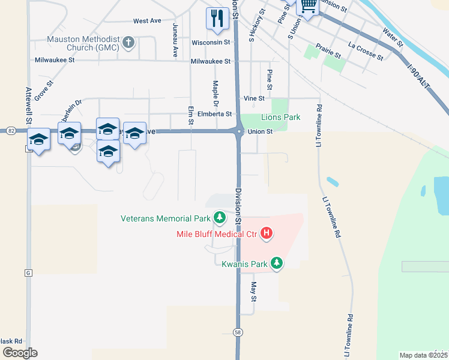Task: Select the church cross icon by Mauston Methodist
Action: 127,43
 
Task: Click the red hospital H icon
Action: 267,233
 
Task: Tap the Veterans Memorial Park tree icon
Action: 220,217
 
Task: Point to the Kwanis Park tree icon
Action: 277,263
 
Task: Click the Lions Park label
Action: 280,118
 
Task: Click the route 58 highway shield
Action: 238,332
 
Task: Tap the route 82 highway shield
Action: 11,130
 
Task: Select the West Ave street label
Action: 147,21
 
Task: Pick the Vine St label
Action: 254,98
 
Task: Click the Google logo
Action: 20,353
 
